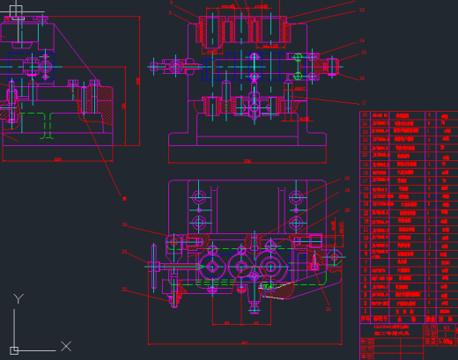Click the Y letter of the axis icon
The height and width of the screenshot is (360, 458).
(18, 299)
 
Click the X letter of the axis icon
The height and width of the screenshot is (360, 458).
(66, 346)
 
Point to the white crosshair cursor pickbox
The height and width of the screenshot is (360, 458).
(16, 11)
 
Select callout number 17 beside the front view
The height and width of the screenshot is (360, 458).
(363, 102)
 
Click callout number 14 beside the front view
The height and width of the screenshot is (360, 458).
(361, 40)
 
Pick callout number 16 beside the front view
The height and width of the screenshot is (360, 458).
(361, 77)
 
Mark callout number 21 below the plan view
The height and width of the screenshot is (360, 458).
(329, 309)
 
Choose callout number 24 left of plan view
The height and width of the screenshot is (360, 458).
(124, 225)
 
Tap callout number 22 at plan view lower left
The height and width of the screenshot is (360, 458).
(124, 289)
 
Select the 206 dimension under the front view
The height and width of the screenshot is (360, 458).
(247, 161)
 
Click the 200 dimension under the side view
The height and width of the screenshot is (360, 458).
(57, 159)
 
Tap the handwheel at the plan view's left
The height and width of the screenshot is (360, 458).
(154, 266)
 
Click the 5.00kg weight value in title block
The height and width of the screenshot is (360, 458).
(447, 341)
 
